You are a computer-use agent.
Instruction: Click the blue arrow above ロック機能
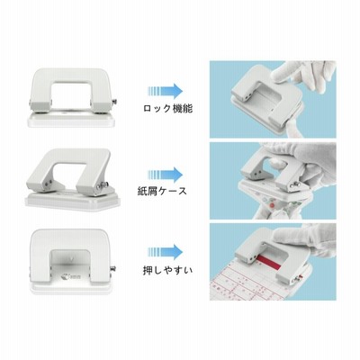click(x=165, y=91)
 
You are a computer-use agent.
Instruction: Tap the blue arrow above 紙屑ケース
click(x=165, y=175)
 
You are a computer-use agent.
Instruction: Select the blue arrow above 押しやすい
click(x=165, y=252)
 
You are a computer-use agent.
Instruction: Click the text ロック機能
click(x=167, y=109)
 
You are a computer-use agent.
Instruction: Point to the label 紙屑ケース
click(x=161, y=191)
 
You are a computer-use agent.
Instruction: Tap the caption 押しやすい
click(x=167, y=271)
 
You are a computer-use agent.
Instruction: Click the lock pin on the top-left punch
click(x=114, y=103)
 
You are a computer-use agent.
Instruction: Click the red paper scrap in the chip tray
click(x=273, y=206)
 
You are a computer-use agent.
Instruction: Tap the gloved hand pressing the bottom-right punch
click(x=303, y=240)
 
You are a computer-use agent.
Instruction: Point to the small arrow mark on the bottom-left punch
click(x=71, y=257)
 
